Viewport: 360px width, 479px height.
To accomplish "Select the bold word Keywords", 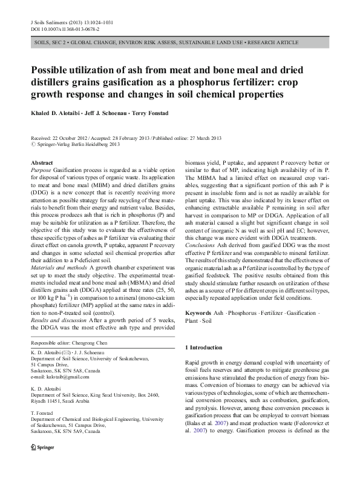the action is [x=198, y=313].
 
